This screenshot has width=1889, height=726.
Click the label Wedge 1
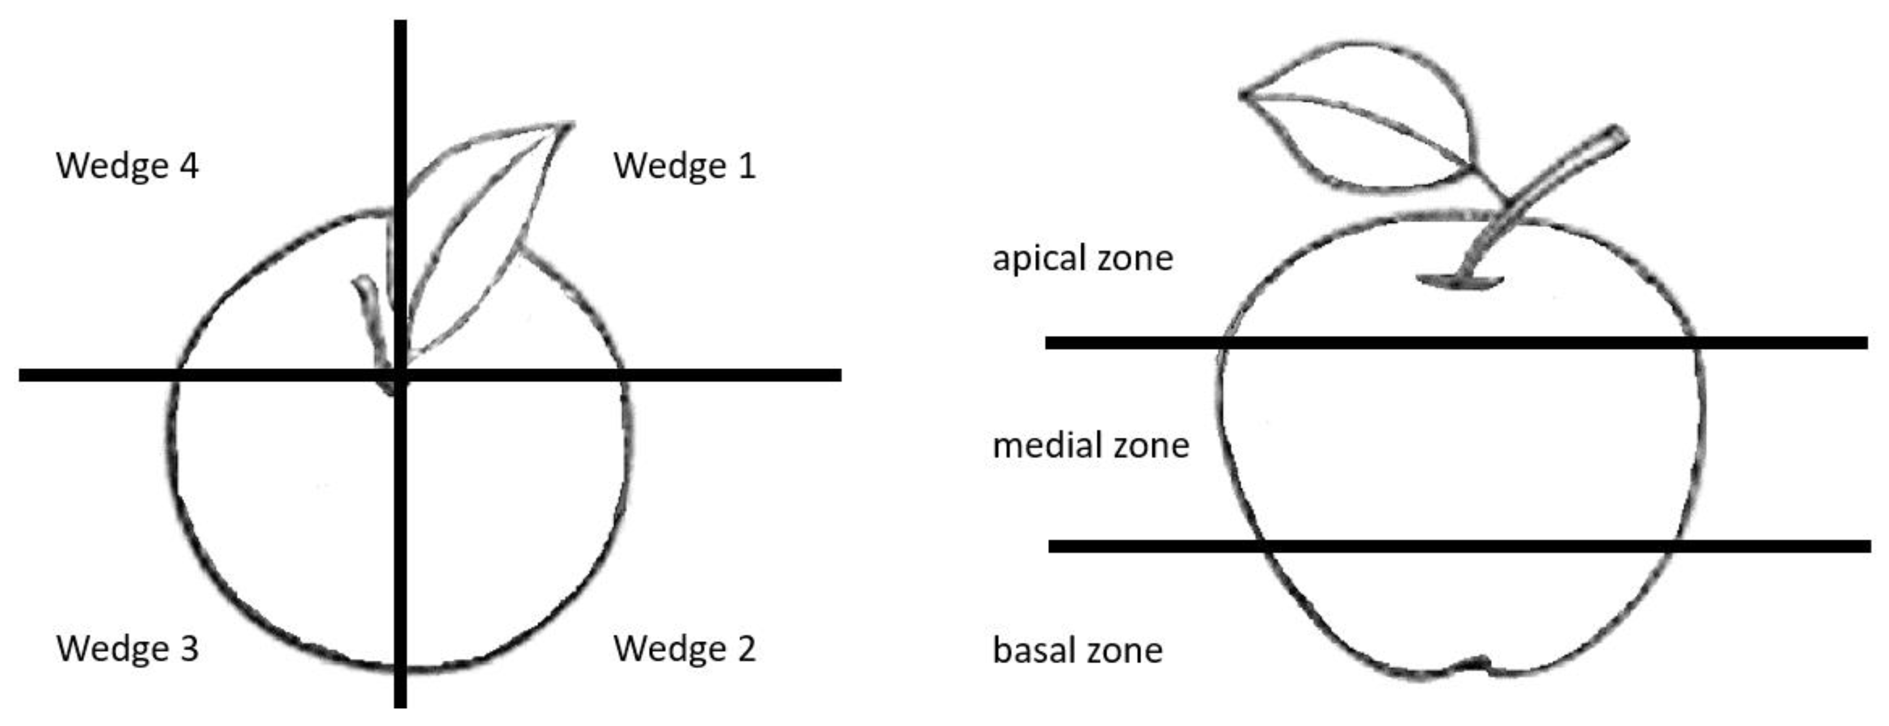[684, 166]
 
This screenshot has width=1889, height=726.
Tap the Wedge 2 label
[684, 649]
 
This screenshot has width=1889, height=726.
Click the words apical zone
[1082, 259]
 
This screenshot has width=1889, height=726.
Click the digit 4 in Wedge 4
[188, 166]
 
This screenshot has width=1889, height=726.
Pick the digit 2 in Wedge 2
[746, 649]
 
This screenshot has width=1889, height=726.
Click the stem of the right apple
[1533, 198]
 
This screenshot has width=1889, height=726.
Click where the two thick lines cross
[400, 375]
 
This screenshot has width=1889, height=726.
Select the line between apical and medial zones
[1456, 343]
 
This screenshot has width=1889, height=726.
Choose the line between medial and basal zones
[1459, 546]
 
